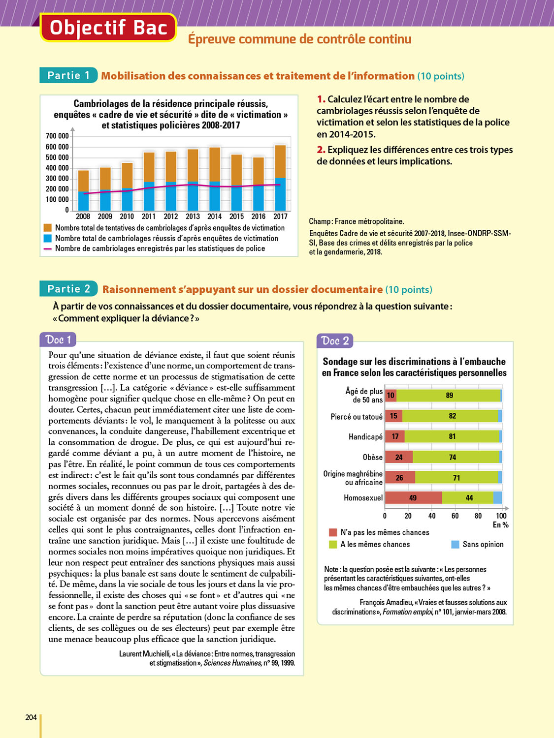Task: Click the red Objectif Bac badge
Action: (108, 28)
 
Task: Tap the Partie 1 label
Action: (68, 75)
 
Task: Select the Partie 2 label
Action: (68, 289)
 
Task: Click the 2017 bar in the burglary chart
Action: (280, 178)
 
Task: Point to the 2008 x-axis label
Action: (83, 216)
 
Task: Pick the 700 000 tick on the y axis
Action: (57, 136)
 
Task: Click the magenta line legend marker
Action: (48, 249)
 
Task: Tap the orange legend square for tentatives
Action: (48, 228)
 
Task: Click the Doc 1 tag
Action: (58, 340)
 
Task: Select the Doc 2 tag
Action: (335, 341)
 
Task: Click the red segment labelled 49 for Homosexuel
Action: (413, 498)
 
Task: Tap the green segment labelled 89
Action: (449, 396)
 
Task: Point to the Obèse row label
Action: (372, 457)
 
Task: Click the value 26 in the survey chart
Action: (399, 478)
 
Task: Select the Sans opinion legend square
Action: (455, 544)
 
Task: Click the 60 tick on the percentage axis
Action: (455, 516)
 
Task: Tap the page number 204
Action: (31, 717)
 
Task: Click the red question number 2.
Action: (321, 150)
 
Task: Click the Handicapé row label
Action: (365, 437)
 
